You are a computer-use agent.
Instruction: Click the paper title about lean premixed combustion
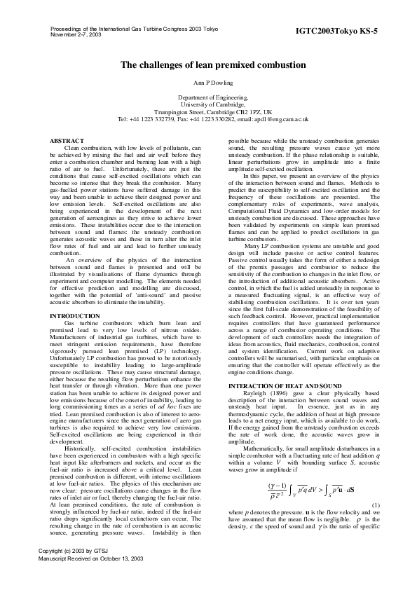coord(213,65)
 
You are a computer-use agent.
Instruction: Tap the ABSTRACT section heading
coord(68,142)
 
